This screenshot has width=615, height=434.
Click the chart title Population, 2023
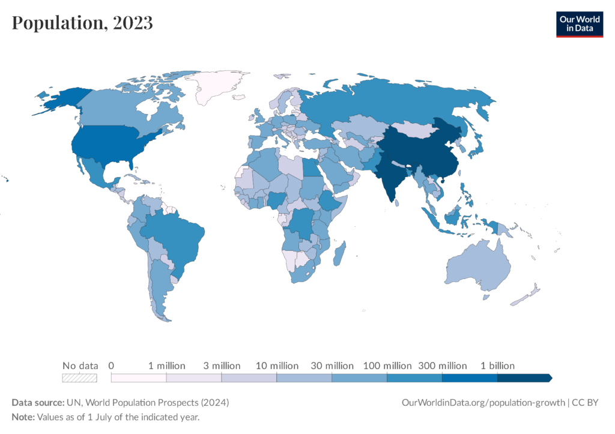[x=82, y=23]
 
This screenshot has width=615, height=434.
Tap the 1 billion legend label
[x=497, y=366]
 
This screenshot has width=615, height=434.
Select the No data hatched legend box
[x=80, y=378]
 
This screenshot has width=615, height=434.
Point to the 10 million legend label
[x=276, y=366]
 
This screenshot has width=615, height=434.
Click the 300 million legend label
[x=442, y=366]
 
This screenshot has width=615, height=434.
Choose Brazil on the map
[x=177, y=234]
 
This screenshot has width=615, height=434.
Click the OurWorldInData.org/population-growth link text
[x=482, y=402]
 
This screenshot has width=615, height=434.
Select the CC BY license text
[x=586, y=402]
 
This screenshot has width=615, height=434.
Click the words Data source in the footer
[x=37, y=402]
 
